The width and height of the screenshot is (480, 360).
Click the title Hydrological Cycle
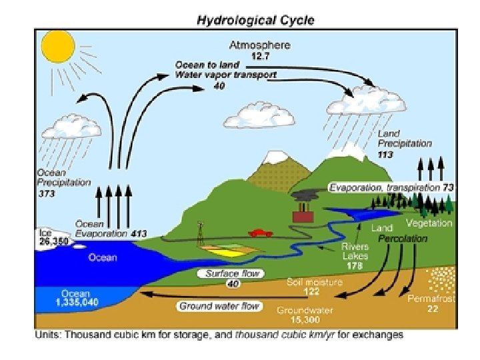(255, 20)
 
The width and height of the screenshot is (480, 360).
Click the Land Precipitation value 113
(385, 154)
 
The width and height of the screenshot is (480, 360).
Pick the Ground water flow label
(219, 306)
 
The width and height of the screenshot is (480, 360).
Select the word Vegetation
(429, 223)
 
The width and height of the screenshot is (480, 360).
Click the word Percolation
(403, 238)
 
